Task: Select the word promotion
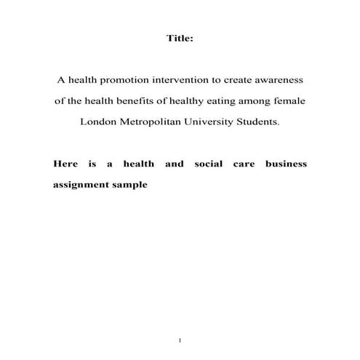tap(130, 80)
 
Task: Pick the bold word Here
tap(65, 164)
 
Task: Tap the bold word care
tap(243, 164)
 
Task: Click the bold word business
tap(286, 164)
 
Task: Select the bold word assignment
tap(79, 185)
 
